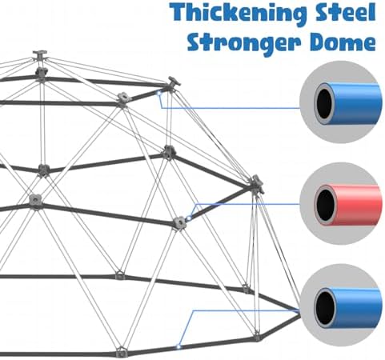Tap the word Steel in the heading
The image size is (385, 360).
pos(346,12)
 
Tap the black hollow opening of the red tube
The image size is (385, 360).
pos(326,205)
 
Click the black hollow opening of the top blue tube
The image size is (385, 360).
pos(326,103)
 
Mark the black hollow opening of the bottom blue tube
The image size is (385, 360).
pos(326,308)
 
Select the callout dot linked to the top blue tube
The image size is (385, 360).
pos(158,94)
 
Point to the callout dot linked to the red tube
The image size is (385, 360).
pos(189,218)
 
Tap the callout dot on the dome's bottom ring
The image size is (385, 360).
pos(178,346)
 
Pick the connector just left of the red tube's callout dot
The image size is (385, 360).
pos(179,222)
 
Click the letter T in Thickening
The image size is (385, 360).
pos(179,12)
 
